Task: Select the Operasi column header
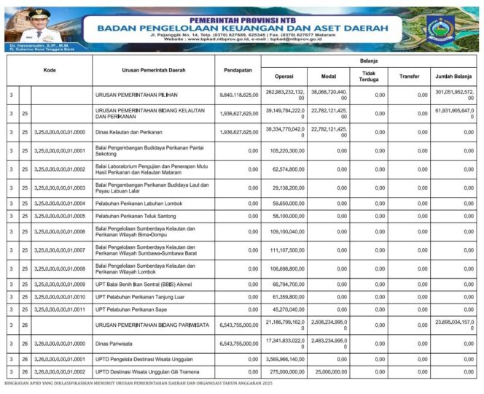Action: tap(284, 77)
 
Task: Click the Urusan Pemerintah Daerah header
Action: tap(152, 70)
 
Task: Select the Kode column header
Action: tap(50, 70)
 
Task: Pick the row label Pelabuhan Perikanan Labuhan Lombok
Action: tap(138, 204)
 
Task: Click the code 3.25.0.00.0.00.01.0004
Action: tap(60, 204)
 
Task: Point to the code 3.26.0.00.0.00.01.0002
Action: tap(60, 371)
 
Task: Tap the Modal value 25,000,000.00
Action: tap(327, 371)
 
